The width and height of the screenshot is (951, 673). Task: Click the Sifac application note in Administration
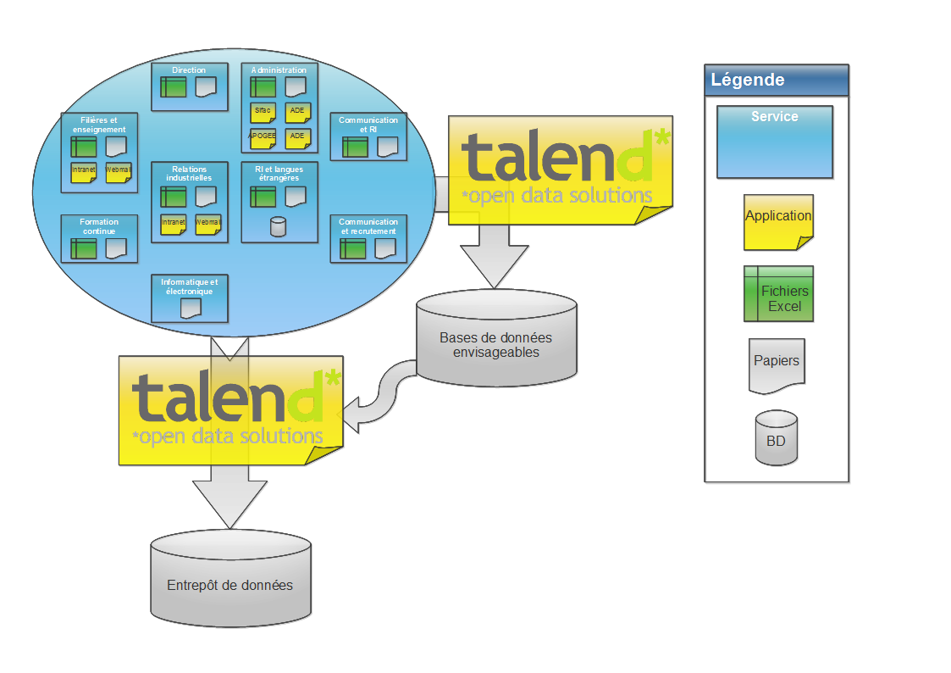click(x=263, y=111)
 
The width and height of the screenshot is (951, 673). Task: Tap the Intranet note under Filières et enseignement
click(x=84, y=170)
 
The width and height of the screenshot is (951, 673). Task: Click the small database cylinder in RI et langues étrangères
click(x=277, y=226)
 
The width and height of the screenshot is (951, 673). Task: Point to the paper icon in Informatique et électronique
click(x=191, y=308)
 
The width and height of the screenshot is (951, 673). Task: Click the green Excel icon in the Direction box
click(x=174, y=86)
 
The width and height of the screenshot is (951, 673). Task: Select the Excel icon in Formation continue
click(x=84, y=248)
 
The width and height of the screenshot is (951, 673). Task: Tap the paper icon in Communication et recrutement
click(x=385, y=248)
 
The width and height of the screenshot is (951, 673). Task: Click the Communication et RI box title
click(x=368, y=125)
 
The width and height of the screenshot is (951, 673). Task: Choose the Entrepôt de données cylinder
click(x=230, y=585)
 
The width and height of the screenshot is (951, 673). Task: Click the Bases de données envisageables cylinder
click(x=495, y=343)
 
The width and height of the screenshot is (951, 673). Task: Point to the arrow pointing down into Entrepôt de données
click(x=229, y=500)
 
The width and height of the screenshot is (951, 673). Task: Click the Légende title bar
click(x=776, y=81)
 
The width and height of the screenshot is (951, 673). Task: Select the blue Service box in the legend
click(x=774, y=142)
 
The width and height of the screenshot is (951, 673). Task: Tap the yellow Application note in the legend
click(x=778, y=222)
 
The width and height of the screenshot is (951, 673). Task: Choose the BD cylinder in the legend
click(x=776, y=437)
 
